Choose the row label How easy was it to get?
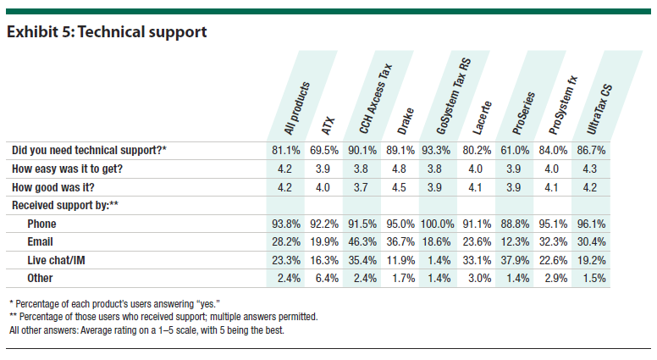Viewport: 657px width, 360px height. tap(68, 169)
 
